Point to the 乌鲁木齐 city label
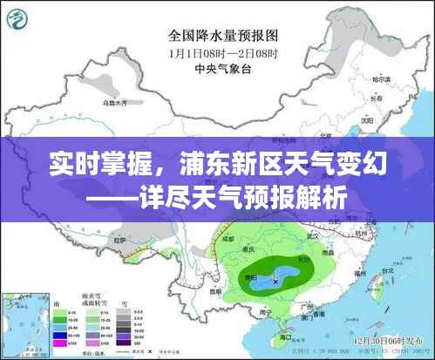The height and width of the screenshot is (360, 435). pyautogui.click(x=114, y=102)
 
